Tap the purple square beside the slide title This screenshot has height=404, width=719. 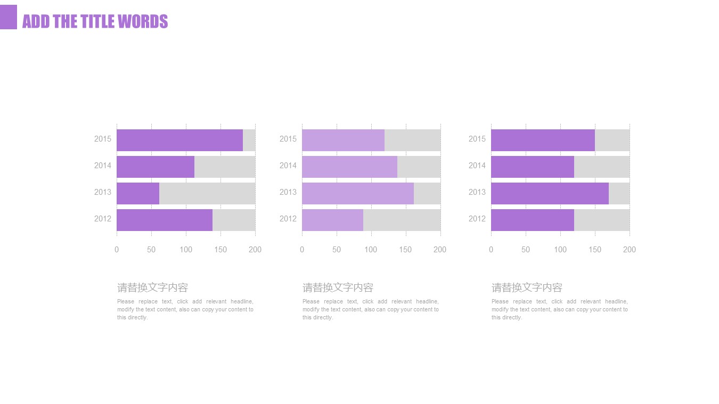(x=8, y=17)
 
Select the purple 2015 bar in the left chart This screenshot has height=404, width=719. (x=179, y=140)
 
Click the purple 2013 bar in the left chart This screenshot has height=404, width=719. (x=138, y=193)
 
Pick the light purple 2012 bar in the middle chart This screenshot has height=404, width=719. (x=332, y=220)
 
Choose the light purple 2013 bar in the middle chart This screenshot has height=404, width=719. (x=357, y=193)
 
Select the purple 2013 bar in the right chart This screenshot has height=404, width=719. (x=550, y=193)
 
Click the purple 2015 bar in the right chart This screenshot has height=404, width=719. (x=543, y=140)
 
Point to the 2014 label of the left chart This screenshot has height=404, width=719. (x=103, y=166)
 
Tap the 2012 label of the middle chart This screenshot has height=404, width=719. (x=288, y=219)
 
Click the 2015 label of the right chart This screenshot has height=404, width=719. (x=477, y=139)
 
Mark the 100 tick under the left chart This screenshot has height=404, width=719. (x=186, y=250)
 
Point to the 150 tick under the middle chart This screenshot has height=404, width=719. (x=406, y=250)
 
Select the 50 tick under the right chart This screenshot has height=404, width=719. (x=526, y=250)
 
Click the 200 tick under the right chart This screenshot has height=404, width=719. (x=630, y=250)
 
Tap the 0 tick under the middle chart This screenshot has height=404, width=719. (x=302, y=250)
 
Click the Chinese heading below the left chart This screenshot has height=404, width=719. (x=153, y=288)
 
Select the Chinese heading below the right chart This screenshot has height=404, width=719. (x=527, y=288)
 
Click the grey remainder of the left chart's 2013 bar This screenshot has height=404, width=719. (x=207, y=193)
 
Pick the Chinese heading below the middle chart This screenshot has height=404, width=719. (x=338, y=288)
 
